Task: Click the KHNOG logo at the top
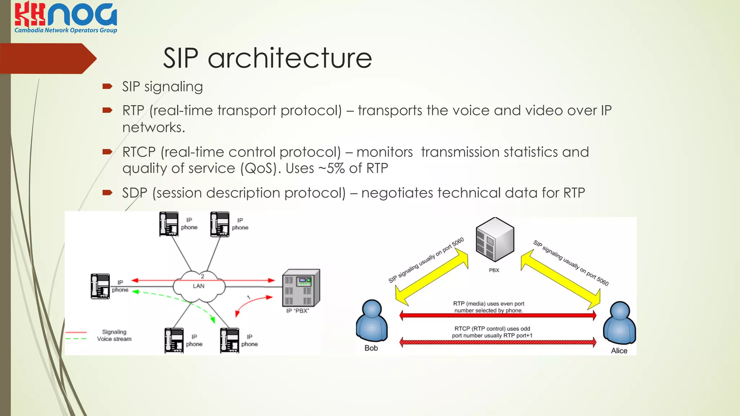coord(66,17)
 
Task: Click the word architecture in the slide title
coord(290,58)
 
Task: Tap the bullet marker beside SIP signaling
coord(107,86)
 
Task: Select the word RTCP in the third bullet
coord(139,152)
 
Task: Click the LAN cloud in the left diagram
coord(199,286)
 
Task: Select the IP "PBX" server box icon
coord(301,288)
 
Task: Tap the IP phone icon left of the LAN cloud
coord(100,286)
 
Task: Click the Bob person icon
coord(371,321)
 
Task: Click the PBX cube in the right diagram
coord(495,239)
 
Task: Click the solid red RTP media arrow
coord(498,316)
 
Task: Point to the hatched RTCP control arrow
coord(498,342)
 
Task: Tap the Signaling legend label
coord(114,332)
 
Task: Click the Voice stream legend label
coord(114,339)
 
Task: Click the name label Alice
coord(619,351)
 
